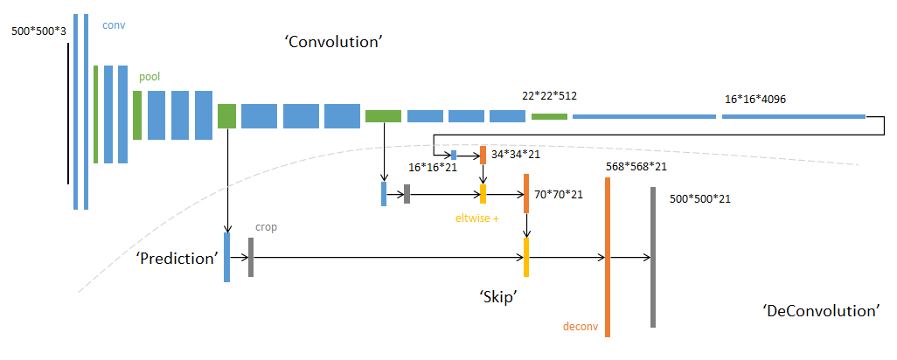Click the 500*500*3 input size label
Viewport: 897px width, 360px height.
point(37,31)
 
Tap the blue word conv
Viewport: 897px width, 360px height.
point(114,24)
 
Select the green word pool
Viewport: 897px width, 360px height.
point(149,77)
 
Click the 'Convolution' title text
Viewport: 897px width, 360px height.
point(335,42)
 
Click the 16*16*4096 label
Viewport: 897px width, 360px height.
point(755,99)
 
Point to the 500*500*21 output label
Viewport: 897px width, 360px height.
point(699,198)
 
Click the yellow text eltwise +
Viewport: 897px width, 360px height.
point(476,218)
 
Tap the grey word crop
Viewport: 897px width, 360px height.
point(266,226)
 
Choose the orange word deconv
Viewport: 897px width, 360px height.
point(581,327)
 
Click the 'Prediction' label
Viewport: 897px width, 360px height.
point(176,259)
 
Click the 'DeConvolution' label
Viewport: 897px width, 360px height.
point(820,311)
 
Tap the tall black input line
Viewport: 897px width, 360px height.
point(68,114)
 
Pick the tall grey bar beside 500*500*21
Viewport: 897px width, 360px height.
point(652,257)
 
